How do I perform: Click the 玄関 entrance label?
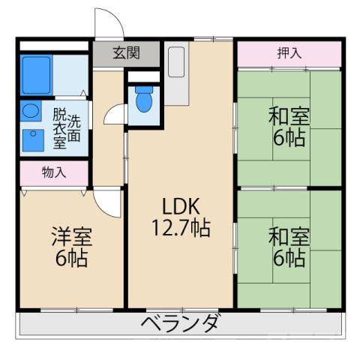tap(127, 53)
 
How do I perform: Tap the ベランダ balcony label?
tap(181, 323)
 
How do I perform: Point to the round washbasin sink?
tap(31, 112)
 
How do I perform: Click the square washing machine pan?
tap(32, 139)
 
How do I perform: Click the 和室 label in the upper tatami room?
tap(289, 117)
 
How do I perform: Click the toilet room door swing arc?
tap(115, 115)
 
